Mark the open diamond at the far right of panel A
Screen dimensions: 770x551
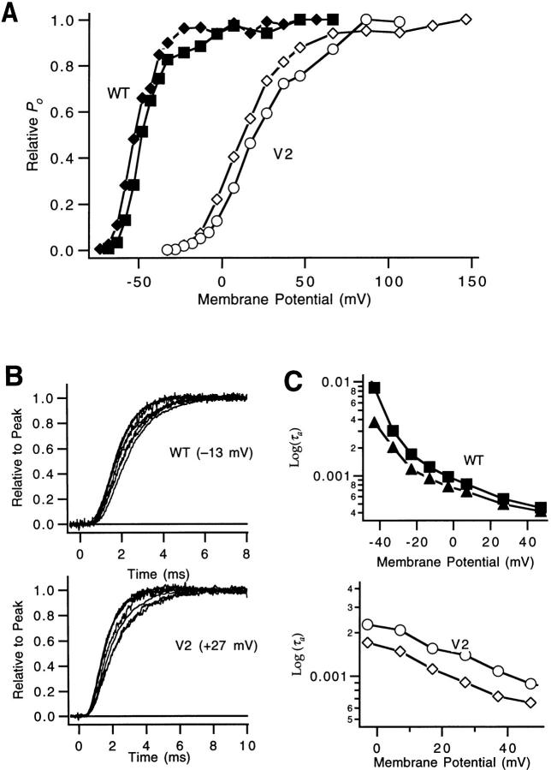pyautogui.click(x=466, y=19)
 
